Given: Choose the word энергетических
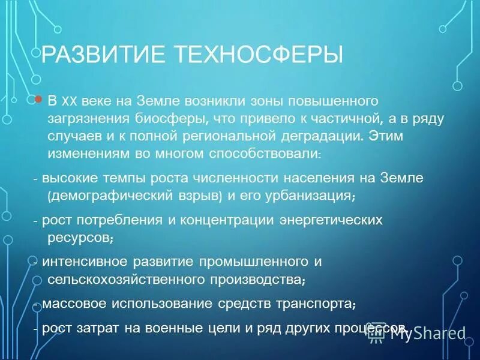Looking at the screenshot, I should click(x=332, y=220).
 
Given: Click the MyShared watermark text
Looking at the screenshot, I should click(x=428, y=333).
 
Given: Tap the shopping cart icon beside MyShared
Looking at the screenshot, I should click(x=376, y=334).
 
